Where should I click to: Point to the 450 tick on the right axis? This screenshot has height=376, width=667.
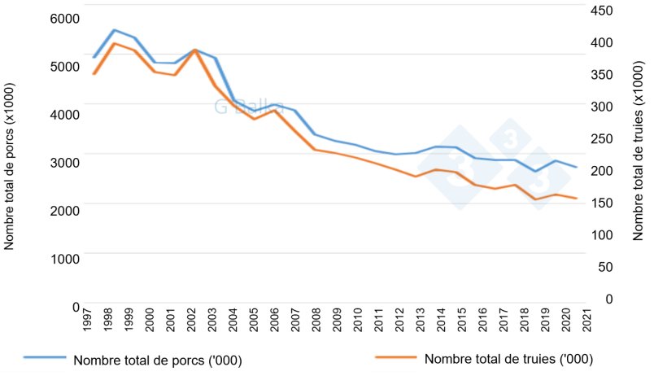[603, 11]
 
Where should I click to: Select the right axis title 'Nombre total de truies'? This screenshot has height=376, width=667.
[639, 151]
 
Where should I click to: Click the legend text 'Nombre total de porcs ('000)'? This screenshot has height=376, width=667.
[158, 360]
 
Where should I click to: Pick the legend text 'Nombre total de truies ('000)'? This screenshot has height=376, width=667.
[508, 359]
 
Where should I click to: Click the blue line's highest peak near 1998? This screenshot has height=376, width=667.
[114, 30]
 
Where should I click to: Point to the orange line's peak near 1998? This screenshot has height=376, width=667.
[114, 43]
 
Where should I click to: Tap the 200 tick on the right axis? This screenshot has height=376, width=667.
[603, 171]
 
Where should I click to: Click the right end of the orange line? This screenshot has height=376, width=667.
[577, 199]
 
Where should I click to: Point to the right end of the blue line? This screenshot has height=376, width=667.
[577, 167]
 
